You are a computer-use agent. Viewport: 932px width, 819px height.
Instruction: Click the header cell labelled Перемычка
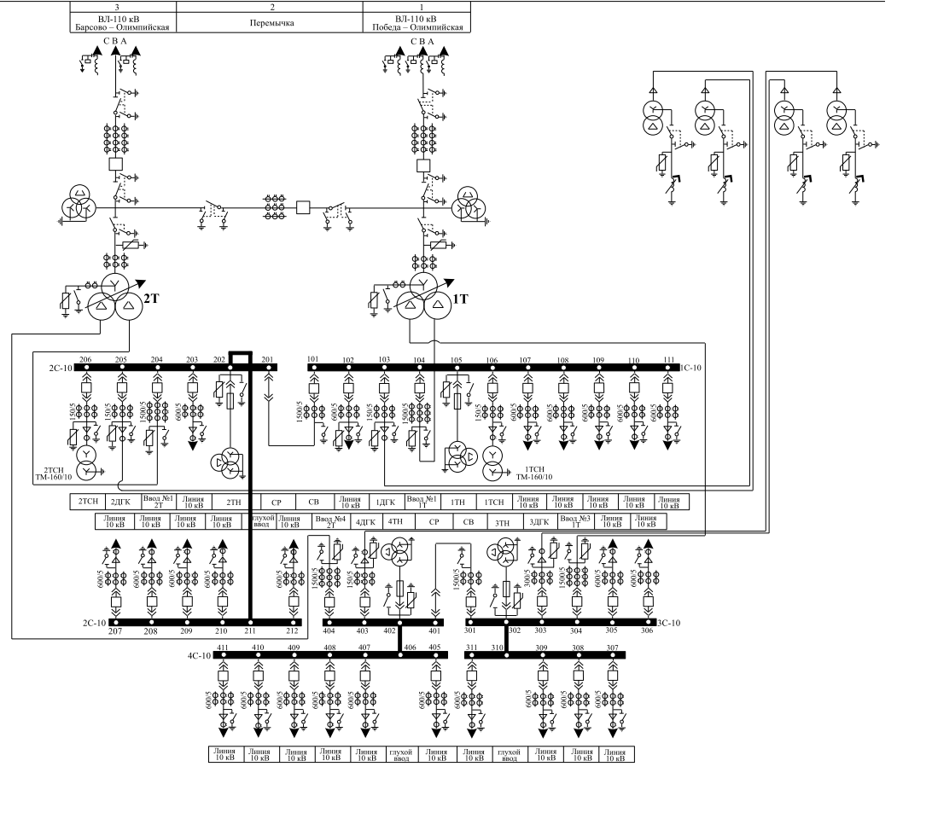coord(270,23)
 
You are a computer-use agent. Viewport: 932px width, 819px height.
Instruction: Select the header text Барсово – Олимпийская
coord(121,27)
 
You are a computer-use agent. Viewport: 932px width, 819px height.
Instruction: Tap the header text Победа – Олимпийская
coord(417,27)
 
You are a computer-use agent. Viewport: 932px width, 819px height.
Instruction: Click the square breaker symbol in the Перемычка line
coord(302,207)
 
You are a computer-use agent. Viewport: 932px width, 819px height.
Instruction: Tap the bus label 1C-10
coord(690,368)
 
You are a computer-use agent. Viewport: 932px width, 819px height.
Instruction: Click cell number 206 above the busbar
coord(84,359)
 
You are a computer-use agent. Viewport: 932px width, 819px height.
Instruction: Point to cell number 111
coord(668,359)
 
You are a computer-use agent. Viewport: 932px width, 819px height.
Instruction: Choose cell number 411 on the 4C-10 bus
coord(223,648)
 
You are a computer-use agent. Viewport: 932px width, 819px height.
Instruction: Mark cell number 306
coord(647,630)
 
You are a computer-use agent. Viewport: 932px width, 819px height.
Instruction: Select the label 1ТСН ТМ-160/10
coord(536,474)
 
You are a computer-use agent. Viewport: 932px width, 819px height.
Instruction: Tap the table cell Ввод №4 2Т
coord(329,520)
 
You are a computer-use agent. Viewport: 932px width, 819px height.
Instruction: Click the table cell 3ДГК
coord(538,520)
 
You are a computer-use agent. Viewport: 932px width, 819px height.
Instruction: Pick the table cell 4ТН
coord(395,520)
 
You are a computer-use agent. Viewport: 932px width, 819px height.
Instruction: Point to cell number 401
coord(434,630)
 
